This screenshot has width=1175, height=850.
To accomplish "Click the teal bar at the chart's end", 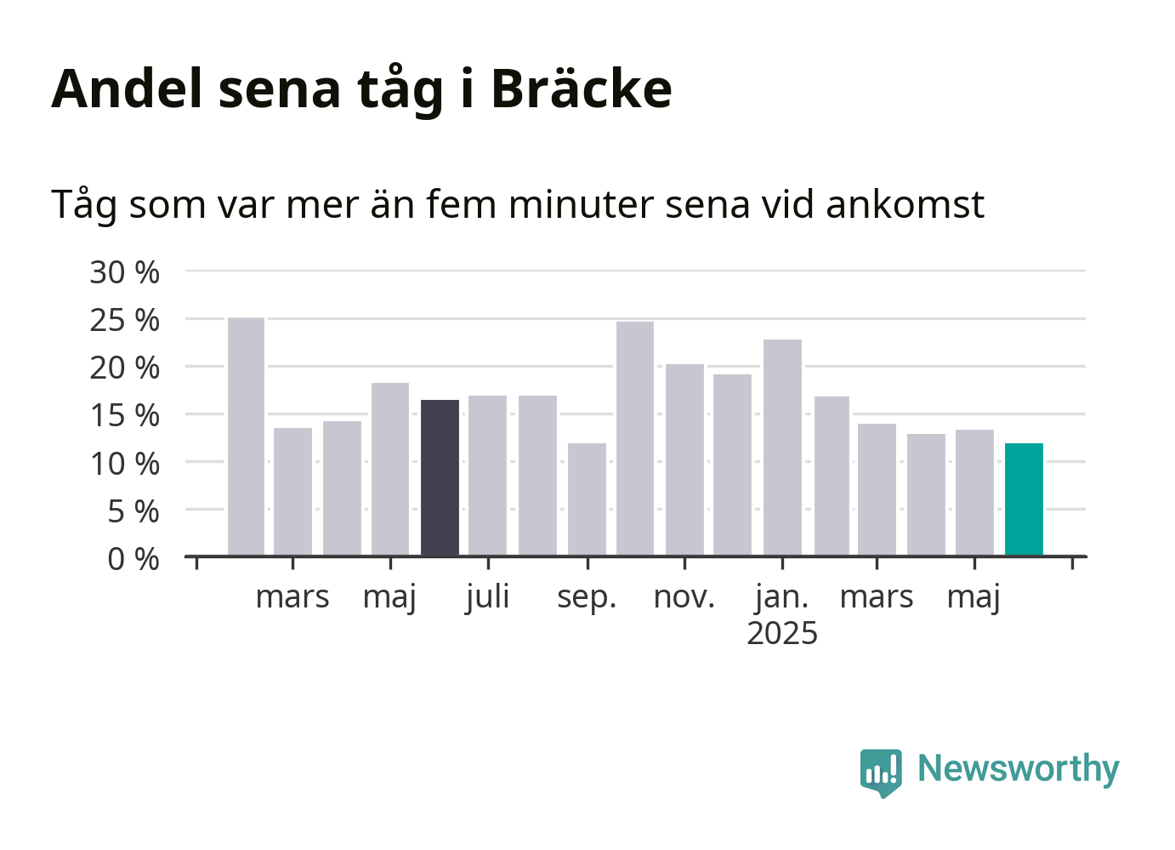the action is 1024,499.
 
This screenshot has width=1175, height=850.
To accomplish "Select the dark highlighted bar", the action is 440,478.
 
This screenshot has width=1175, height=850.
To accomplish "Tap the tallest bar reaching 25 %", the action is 246,436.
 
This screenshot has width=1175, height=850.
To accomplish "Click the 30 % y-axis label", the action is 124,272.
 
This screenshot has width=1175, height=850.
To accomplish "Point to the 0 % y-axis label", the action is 133,559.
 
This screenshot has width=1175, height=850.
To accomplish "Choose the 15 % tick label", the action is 124,416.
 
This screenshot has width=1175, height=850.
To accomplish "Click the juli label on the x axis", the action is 488,598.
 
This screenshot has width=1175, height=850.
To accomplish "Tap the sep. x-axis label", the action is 587,598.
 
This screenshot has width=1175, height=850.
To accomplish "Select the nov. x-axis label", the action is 684,597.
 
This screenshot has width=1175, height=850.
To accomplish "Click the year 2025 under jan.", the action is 782,633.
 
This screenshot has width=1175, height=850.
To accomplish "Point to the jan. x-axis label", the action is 782,598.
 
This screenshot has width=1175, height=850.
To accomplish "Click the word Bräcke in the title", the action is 582,88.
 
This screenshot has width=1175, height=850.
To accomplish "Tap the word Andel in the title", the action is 127,88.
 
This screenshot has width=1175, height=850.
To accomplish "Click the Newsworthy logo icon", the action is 881,773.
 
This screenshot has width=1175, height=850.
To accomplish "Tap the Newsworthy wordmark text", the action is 1019,769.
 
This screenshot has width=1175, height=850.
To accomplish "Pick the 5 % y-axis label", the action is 133,511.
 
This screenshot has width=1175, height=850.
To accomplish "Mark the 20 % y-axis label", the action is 124,368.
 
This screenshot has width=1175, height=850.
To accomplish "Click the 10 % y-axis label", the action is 124,464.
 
